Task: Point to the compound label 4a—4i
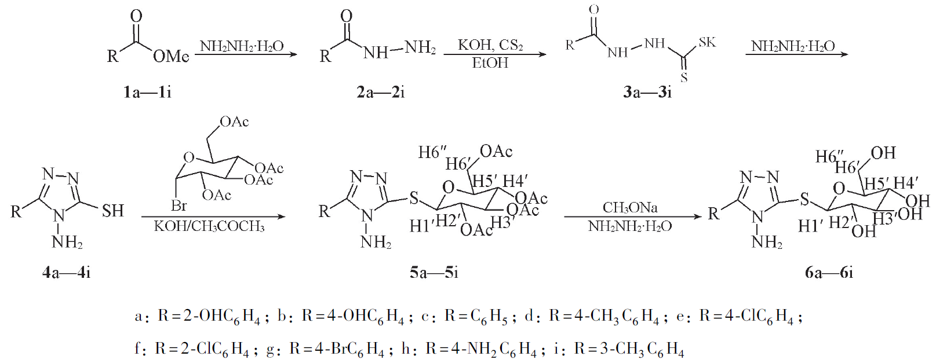pyautogui.click(x=67, y=273)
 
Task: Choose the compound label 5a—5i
pyautogui.click(x=434, y=273)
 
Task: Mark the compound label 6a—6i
pyautogui.click(x=829, y=273)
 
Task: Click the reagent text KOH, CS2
pyautogui.click(x=490, y=45)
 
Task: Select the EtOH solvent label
pyautogui.click(x=490, y=63)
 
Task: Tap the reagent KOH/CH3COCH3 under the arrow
pyautogui.click(x=209, y=226)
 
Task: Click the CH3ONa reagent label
pyautogui.click(x=630, y=207)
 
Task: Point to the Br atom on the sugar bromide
pyautogui.click(x=179, y=205)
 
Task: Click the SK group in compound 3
pyautogui.click(x=707, y=42)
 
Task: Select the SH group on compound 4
pyautogui.click(x=113, y=211)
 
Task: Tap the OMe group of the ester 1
pyautogui.click(x=171, y=57)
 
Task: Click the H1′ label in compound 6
pyautogui.click(x=810, y=226)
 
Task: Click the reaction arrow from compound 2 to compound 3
pyautogui.click(x=495, y=54)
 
